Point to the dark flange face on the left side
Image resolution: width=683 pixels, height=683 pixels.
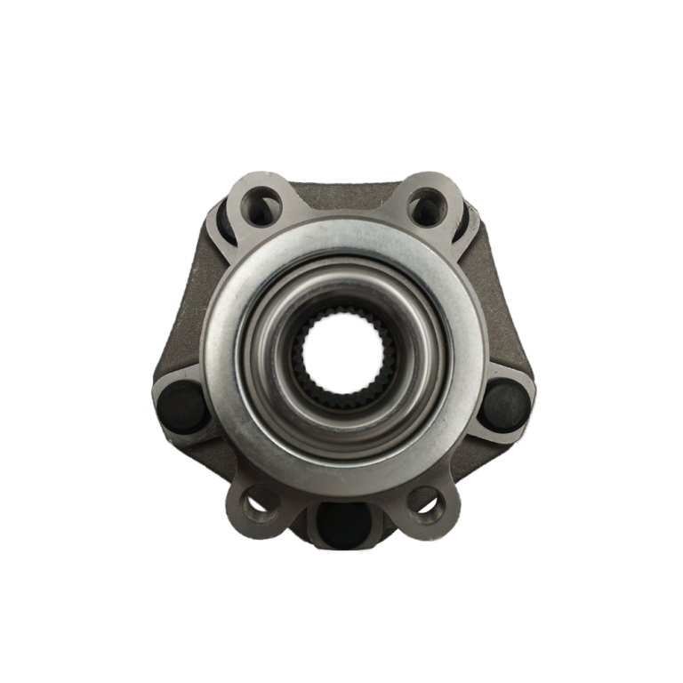tap(182, 320)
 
